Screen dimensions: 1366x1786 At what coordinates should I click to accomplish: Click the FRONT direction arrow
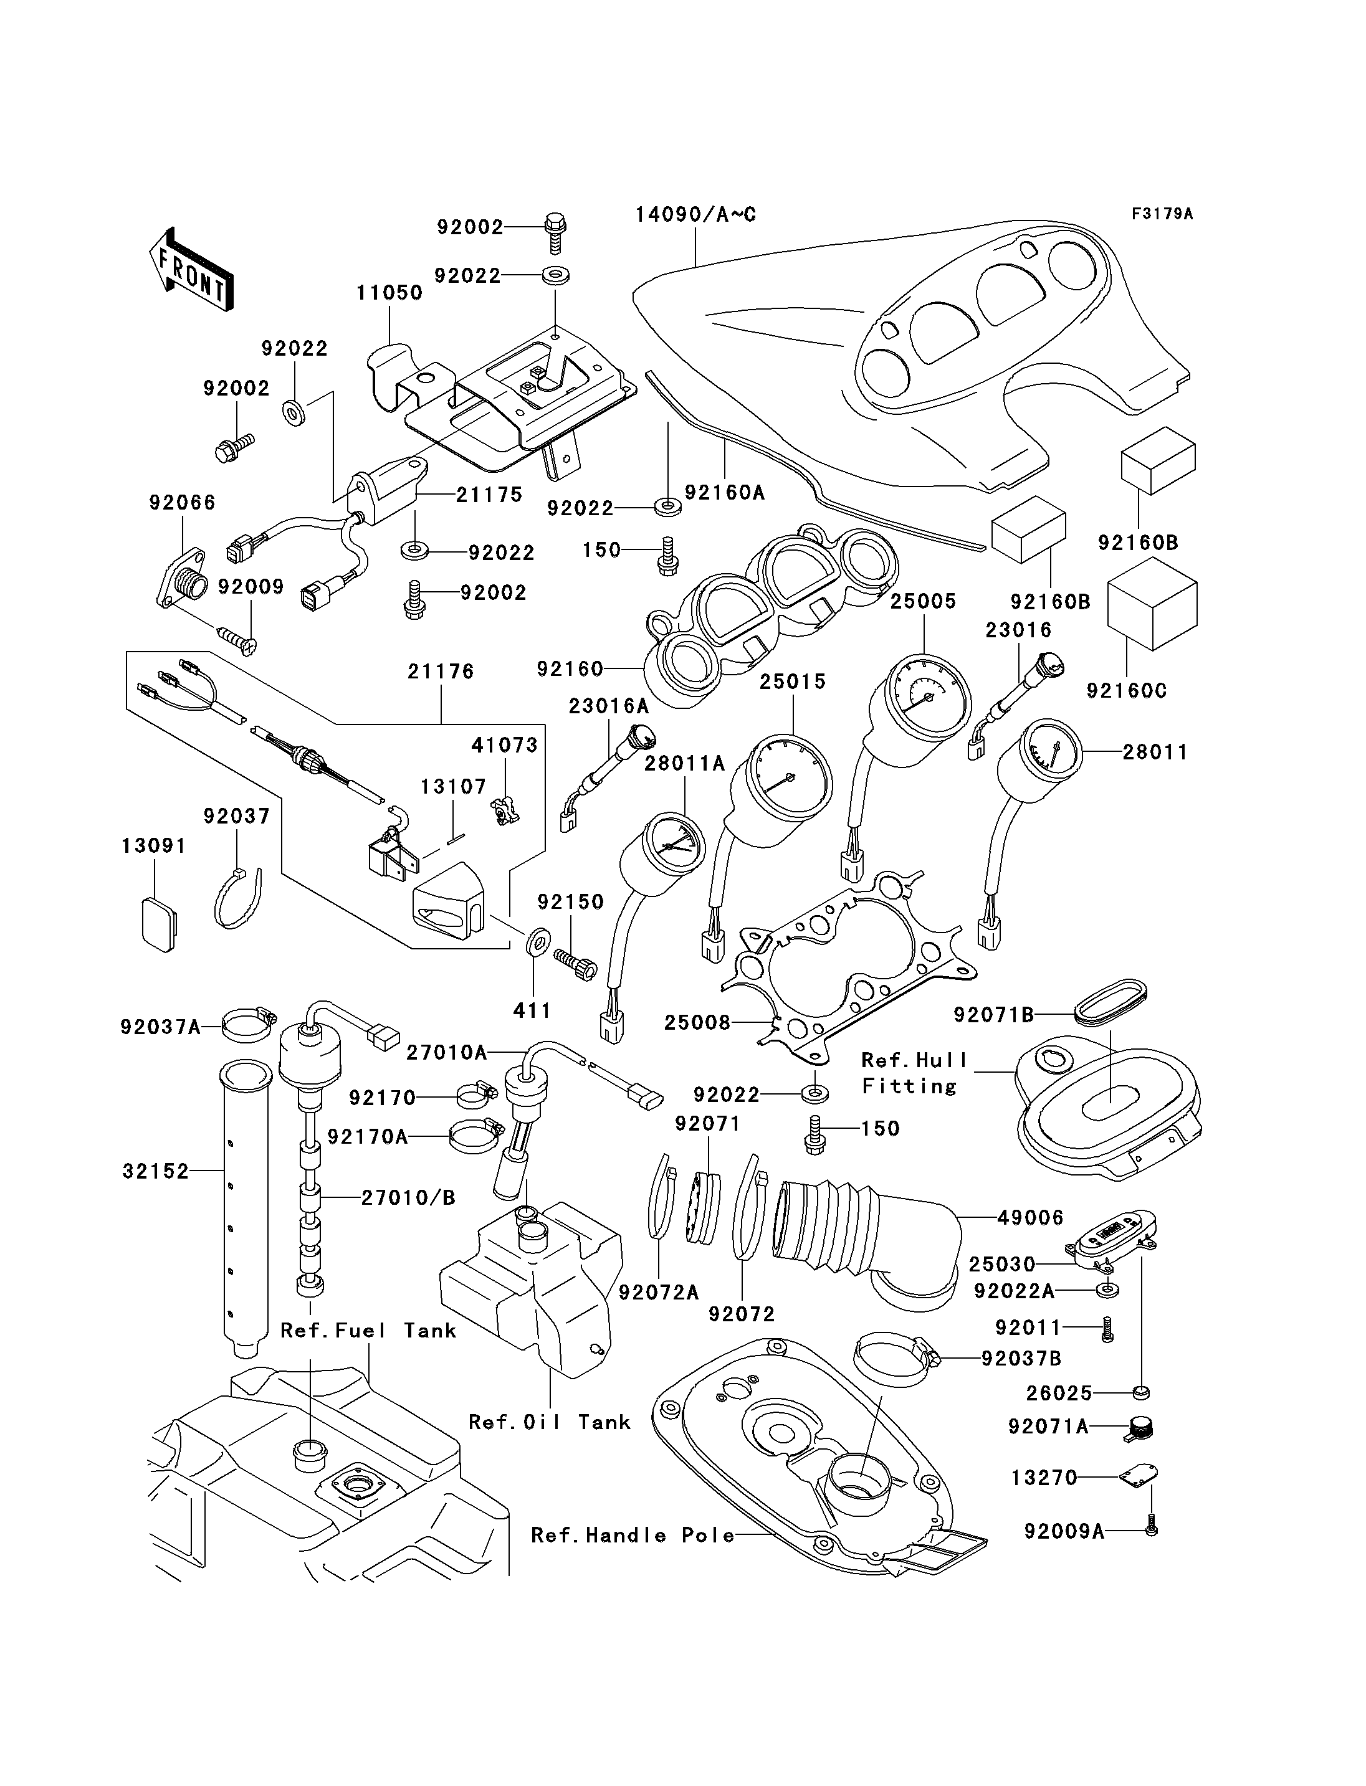(x=192, y=268)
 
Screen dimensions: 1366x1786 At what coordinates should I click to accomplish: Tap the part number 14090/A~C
(x=695, y=215)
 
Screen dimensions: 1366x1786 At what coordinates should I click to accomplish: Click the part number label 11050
(x=389, y=293)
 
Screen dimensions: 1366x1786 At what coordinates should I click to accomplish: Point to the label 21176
(x=441, y=671)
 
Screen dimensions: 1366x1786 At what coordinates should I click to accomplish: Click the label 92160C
(x=1126, y=690)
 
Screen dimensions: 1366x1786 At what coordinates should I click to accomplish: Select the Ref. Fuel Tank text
(x=368, y=1330)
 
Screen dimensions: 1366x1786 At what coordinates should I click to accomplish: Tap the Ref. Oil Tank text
(x=550, y=1422)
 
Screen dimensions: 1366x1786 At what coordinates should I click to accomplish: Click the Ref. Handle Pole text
(x=633, y=1535)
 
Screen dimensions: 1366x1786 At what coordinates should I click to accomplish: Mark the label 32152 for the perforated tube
(x=155, y=1171)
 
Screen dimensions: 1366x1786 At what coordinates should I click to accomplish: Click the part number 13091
(x=154, y=845)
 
